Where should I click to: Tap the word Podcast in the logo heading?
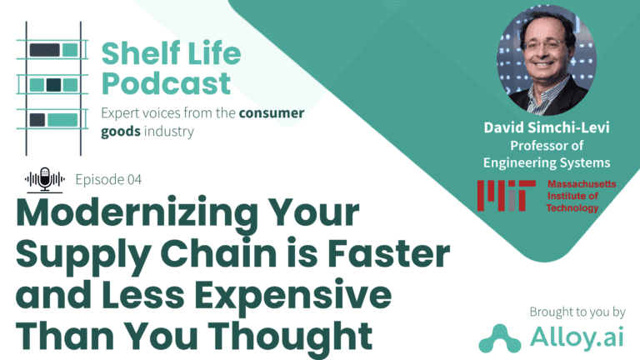166,83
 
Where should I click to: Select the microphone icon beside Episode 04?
45,180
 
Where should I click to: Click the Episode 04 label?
108,180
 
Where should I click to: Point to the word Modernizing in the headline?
137,214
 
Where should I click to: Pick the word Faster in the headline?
389,253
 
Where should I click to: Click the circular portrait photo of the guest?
547,60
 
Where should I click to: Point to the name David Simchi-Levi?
547,127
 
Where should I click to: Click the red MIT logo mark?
506,196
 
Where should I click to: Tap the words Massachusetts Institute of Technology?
581,196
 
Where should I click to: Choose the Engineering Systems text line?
547,162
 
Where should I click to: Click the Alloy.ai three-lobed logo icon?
500,338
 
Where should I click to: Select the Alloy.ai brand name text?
577,337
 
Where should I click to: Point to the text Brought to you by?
577,312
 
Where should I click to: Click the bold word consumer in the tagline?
272,112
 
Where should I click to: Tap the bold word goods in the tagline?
121,132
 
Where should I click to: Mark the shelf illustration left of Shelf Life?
52,88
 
